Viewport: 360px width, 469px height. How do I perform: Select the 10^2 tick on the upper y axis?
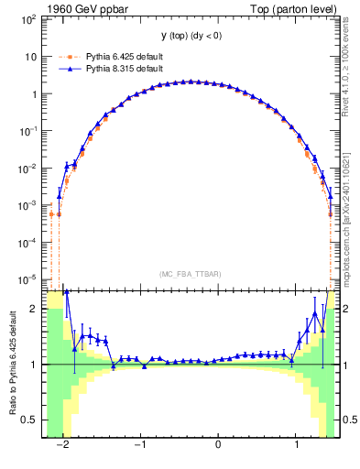click(x=28, y=18)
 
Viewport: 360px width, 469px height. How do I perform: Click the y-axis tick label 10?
click(x=30, y=56)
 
